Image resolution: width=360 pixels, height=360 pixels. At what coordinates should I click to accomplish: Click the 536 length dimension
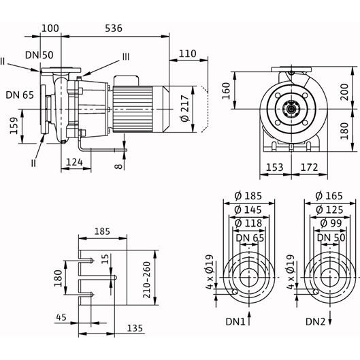point(114,28)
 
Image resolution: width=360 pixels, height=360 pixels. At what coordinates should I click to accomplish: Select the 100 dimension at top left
point(50,28)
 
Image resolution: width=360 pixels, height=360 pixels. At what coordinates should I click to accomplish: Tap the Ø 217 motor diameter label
point(184,109)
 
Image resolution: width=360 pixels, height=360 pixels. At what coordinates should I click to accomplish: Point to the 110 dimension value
point(188,54)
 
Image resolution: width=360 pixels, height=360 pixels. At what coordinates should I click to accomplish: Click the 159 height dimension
point(14,125)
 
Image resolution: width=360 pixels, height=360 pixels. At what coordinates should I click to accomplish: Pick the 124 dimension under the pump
point(74,163)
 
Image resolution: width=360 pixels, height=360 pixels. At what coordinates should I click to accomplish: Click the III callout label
point(126,56)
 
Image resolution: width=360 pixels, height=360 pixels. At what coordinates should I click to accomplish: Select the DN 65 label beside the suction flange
point(20,95)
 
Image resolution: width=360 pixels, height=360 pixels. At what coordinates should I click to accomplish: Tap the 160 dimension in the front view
point(226,91)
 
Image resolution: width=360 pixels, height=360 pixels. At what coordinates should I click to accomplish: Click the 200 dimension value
point(344,92)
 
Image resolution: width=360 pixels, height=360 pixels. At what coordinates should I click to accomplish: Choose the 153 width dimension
point(274,167)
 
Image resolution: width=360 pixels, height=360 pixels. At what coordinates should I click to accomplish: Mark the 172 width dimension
point(309,167)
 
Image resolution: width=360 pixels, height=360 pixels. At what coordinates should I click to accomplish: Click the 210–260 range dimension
point(146,280)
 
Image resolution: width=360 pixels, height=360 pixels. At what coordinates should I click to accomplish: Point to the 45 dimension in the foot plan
point(61,317)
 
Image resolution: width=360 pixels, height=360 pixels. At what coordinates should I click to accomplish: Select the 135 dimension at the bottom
point(135,328)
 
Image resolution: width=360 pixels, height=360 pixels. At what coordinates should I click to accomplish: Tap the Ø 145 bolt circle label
point(248,210)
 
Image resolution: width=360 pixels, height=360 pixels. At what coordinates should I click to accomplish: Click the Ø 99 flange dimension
point(331,223)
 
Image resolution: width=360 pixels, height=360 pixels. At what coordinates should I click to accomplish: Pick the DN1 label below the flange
point(235,322)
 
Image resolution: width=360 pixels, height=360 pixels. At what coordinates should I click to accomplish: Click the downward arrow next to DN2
point(330,318)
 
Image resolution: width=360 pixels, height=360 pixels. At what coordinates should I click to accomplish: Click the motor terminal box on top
point(127,81)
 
